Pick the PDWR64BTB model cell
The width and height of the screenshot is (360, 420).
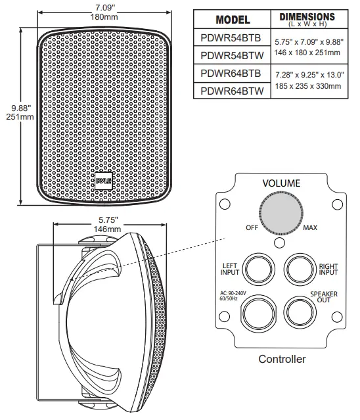click(x=229, y=74)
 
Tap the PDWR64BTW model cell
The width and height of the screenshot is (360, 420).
click(x=229, y=91)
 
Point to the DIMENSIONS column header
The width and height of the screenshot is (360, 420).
click(x=307, y=18)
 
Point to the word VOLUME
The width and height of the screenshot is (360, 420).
click(x=281, y=183)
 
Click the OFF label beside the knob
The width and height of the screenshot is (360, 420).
click(x=251, y=227)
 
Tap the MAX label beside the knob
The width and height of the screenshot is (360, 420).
click(x=310, y=227)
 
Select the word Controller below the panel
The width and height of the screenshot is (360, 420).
click(x=282, y=360)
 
